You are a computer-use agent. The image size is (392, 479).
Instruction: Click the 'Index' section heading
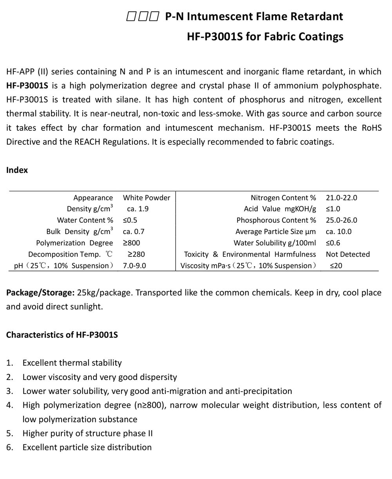tap(17, 170)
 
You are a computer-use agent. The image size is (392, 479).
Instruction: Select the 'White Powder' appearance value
tap(147, 198)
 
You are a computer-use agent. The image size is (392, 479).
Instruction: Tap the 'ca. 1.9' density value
tap(138, 209)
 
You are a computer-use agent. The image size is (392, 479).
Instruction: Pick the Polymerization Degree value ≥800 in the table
tap(131, 243)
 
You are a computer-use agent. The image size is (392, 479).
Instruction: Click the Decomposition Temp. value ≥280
tap(136, 254)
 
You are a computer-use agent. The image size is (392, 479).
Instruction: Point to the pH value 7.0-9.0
tap(134, 266)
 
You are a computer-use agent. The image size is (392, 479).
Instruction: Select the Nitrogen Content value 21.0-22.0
tap(341, 198)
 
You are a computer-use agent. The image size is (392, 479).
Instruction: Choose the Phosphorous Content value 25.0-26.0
tap(341, 220)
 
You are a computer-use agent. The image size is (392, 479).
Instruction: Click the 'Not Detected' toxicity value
tap(348, 254)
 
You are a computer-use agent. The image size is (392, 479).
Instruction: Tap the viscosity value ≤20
tap(336, 266)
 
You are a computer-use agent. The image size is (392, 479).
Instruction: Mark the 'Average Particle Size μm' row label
tap(276, 232)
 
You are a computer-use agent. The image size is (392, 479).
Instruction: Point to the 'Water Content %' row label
tap(85, 220)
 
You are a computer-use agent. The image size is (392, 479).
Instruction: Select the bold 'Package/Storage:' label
tap(40, 293)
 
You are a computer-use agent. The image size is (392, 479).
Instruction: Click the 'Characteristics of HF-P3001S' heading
tap(62, 335)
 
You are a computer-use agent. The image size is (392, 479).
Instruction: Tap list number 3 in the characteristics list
tap(9, 391)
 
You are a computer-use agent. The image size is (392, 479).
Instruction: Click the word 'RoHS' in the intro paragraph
tap(372, 128)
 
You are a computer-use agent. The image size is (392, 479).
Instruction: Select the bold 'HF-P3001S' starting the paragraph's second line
tap(27, 86)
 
